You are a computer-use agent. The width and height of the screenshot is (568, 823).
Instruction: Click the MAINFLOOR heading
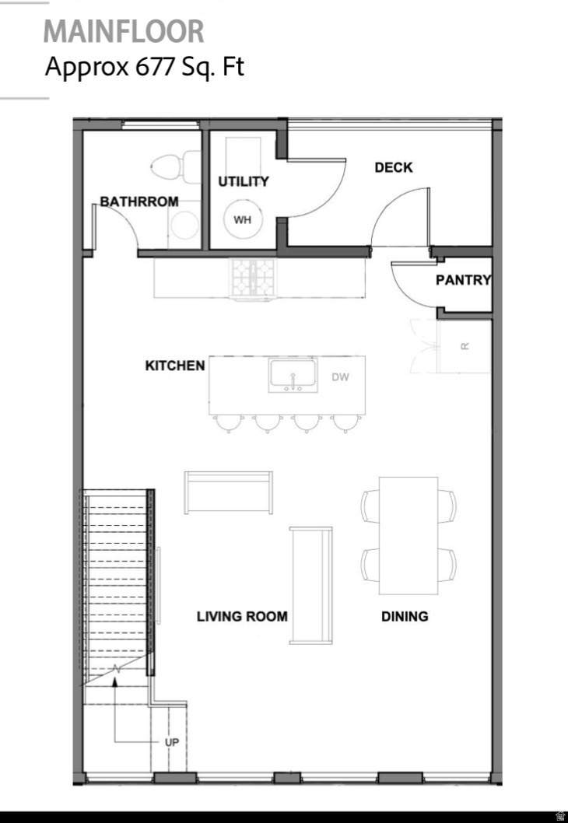(x=124, y=31)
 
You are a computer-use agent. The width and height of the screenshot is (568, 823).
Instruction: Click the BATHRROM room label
(x=139, y=201)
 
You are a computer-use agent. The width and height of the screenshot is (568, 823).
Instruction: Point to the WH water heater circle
(x=242, y=219)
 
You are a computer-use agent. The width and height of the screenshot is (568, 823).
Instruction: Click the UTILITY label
(x=243, y=181)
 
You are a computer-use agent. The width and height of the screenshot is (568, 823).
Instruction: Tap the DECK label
(x=393, y=167)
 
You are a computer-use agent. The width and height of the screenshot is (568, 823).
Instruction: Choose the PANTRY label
(x=464, y=280)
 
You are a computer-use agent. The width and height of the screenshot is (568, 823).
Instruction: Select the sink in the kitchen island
(x=293, y=375)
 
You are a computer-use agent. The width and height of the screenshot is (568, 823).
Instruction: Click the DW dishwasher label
(x=340, y=376)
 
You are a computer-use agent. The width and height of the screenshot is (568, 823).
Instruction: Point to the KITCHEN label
(x=175, y=366)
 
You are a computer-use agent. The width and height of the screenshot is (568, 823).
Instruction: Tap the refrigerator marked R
(x=464, y=346)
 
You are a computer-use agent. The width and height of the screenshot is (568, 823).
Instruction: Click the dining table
(x=408, y=535)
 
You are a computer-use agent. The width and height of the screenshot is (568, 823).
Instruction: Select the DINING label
(x=405, y=616)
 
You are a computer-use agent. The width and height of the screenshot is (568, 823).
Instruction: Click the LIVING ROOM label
(x=242, y=616)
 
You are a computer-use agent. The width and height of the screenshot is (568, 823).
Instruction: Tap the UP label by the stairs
(x=172, y=742)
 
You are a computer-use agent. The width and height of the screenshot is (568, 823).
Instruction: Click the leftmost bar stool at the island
(x=228, y=422)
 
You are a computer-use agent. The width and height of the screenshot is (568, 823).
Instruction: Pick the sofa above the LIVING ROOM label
(x=228, y=492)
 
